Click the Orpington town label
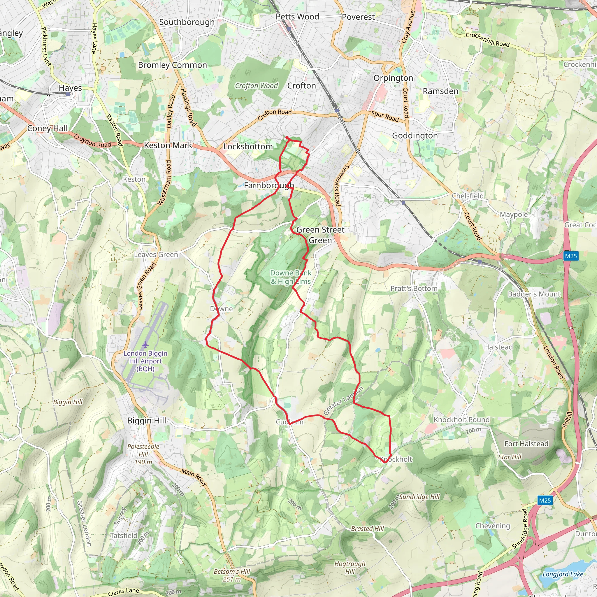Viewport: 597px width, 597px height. tap(393, 78)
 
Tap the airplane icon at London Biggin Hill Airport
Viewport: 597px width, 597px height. tap(145, 344)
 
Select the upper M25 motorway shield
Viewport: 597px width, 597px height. tap(571, 256)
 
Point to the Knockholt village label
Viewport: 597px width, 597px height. tap(396, 459)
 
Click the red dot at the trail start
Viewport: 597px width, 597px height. tap(287, 138)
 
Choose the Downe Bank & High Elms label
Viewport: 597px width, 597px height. tap(290, 277)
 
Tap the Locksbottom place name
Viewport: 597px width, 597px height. tap(248, 146)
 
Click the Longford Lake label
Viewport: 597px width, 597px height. tap(562, 574)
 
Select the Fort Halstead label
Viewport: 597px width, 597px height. tap(526, 444)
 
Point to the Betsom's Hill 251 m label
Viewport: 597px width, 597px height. tap(232, 575)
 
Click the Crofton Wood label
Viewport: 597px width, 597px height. tap(256, 86)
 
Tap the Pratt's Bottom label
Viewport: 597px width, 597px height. tap(414, 289)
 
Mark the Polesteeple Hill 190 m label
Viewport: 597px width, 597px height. tap(143, 454)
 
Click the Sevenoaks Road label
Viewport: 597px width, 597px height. tap(341, 186)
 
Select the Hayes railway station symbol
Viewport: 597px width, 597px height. tap(68, 94)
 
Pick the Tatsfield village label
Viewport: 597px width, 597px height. tap(124, 535)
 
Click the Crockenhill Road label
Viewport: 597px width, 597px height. tap(487, 40)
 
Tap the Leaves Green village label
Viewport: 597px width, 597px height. tap(156, 254)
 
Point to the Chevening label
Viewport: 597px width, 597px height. tap(493, 526)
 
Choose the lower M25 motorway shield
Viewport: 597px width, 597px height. tap(545, 501)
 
